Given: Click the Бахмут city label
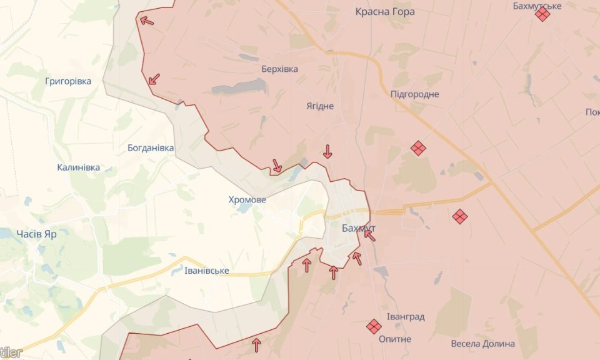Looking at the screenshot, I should point(358,229).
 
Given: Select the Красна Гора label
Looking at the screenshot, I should point(384,11).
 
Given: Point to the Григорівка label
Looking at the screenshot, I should point(68,81).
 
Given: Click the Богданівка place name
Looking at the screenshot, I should point(151,148).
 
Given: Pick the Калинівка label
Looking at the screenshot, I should point(78,167).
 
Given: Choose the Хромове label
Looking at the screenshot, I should point(247,200).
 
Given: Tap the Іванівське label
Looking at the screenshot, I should point(207,271).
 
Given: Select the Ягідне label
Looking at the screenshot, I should point(320,106).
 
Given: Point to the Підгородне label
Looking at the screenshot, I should point(414,94).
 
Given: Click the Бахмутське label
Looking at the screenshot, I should point(537,6).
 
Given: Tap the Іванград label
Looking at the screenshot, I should point(405,317).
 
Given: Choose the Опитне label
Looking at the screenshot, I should point(395,339).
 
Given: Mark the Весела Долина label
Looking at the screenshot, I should point(482,344).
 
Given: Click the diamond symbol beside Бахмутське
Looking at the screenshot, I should point(542,14).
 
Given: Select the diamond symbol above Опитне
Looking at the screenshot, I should point(374,326).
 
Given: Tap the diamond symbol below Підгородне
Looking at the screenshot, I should point(418,148).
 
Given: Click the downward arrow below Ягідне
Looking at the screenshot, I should point(327,151).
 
